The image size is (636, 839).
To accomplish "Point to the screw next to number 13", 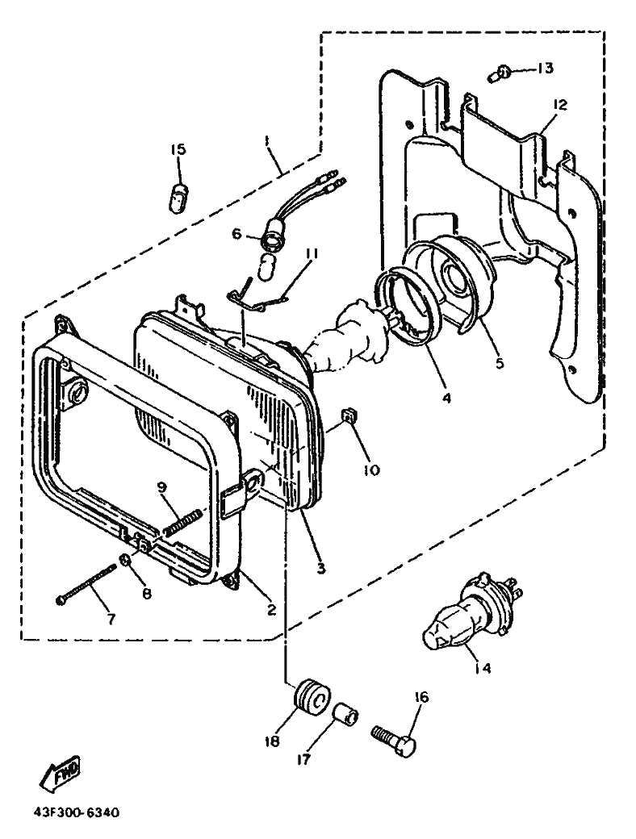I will [x=498, y=75].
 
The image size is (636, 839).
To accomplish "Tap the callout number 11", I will [x=311, y=253].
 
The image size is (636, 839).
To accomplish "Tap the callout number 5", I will [x=500, y=363].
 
